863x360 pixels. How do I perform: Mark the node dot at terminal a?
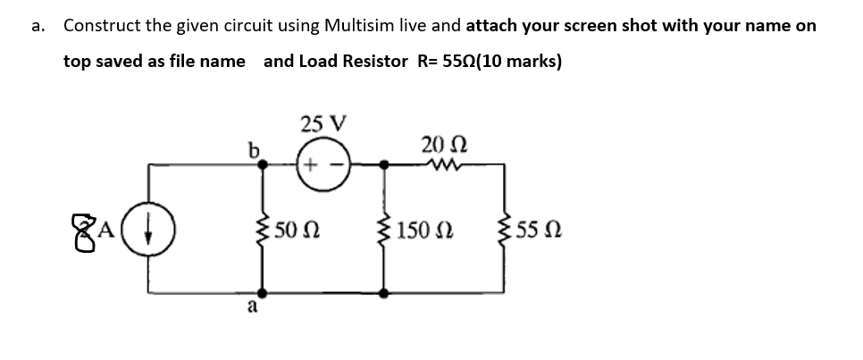tap(262, 292)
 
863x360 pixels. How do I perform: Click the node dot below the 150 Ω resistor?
tap(385, 292)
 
